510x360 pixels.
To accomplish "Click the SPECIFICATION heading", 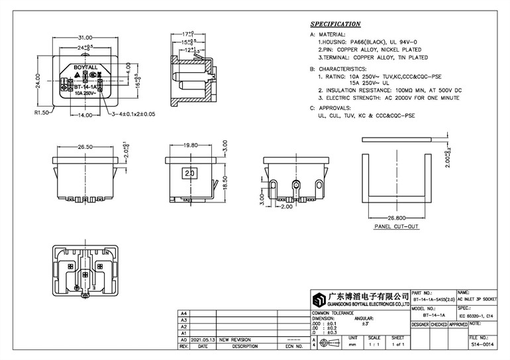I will coord(340,23).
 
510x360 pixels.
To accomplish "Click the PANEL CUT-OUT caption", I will coord(397,226).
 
